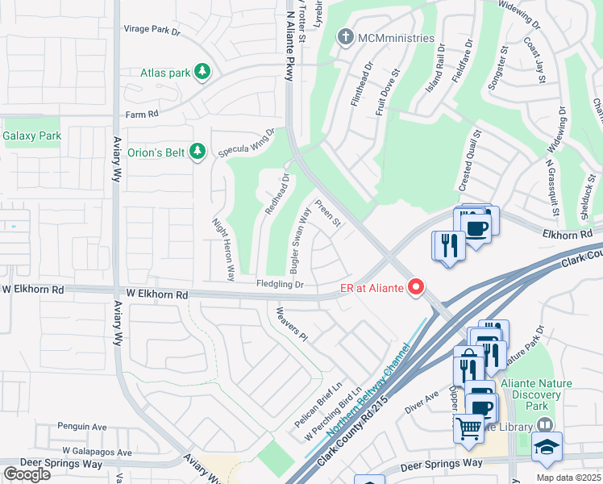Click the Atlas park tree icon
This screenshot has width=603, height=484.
[202, 73]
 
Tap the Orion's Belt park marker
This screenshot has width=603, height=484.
[198, 151]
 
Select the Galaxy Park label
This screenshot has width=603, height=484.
[32, 136]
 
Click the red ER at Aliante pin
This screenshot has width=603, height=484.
[417, 286]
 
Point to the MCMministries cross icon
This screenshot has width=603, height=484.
[346, 37]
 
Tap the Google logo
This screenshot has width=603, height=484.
[27, 474]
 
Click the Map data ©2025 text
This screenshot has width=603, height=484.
[569, 478]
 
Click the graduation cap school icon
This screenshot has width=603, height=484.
[547, 446]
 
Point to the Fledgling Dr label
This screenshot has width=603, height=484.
[280, 285]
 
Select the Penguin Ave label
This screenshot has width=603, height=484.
[82, 427]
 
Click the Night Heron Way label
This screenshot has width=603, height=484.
[223, 244]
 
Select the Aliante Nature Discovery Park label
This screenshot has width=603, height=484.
[530, 394]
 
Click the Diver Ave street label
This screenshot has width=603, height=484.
[421, 401]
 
